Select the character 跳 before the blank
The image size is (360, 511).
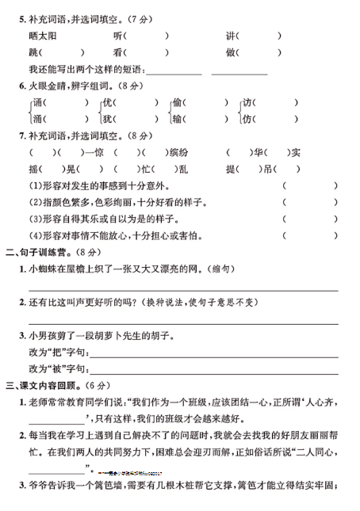click(x=33, y=53)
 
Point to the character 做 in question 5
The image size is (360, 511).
click(x=231, y=53)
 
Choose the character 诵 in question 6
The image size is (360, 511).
click(x=38, y=103)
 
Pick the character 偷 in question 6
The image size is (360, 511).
click(x=177, y=103)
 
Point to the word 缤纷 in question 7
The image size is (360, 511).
click(x=178, y=152)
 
